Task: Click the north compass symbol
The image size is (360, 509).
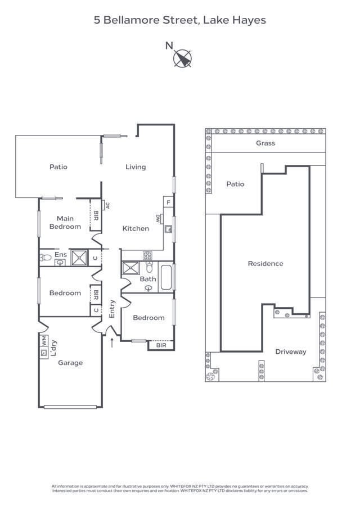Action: pyautogui.click(x=182, y=58)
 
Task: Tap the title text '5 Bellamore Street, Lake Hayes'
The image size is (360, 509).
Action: pyautogui.click(x=179, y=20)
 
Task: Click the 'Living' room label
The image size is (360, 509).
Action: pyautogui.click(x=136, y=167)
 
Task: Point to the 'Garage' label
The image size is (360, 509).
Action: pyautogui.click(x=70, y=363)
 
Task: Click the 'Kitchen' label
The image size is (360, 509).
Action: pyautogui.click(x=136, y=228)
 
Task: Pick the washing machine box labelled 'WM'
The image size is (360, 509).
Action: pyautogui.click(x=43, y=340)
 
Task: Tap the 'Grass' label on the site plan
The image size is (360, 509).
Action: pyautogui.click(x=265, y=143)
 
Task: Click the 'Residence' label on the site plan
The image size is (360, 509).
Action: pyautogui.click(x=265, y=263)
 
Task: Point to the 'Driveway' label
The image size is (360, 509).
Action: pyautogui.click(x=291, y=352)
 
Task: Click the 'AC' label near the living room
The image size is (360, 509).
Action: pyautogui.click(x=107, y=205)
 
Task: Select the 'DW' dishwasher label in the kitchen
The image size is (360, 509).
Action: pyautogui.click(x=158, y=218)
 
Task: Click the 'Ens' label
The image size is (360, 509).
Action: pyautogui.click(x=60, y=255)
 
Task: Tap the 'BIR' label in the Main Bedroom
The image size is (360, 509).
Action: pyautogui.click(x=96, y=215)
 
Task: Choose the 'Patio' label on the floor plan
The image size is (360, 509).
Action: pyautogui.click(x=58, y=167)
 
